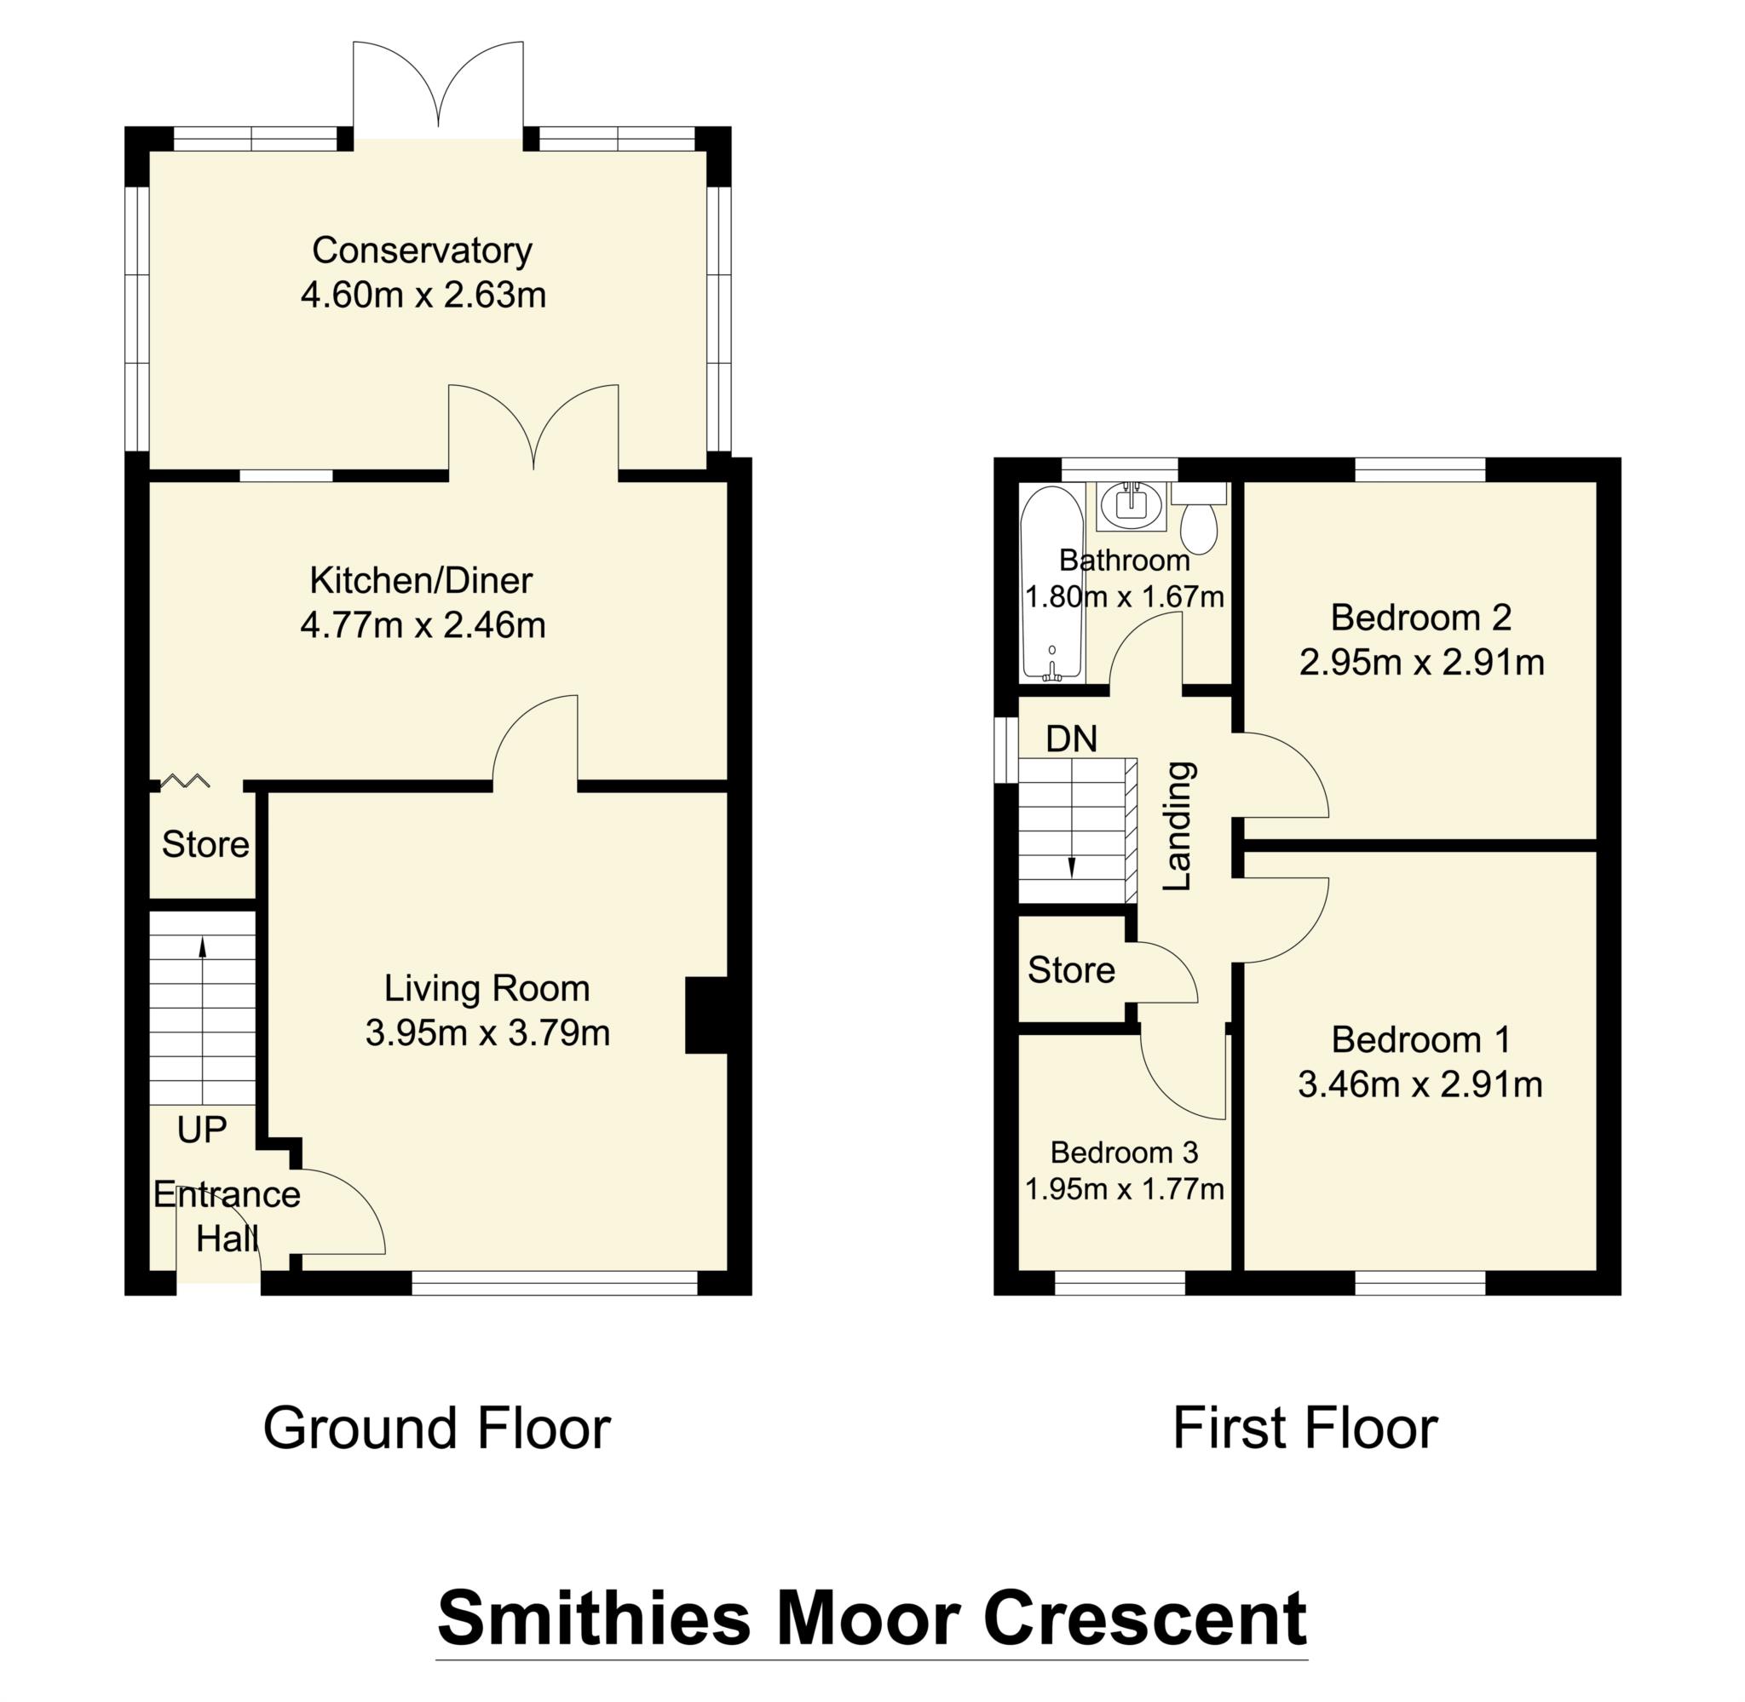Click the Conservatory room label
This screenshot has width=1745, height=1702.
pyautogui.click(x=422, y=251)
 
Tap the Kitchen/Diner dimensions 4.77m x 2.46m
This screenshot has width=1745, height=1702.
pyautogui.click(x=423, y=625)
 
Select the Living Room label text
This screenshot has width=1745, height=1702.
pyautogui.click(x=487, y=989)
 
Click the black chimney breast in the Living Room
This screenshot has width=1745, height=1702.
pyautogui.click(x=705, y=1015)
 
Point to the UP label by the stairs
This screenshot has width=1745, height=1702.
pyautogui.click(x=202, y=1130)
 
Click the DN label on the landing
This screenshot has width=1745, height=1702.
pyautogui.click(x=1071, y=739)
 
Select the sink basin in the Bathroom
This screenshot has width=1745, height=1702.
pyautogui.click(x=1132, y=506)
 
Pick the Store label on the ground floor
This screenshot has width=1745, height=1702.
pyautogui.click(x=204, y=845)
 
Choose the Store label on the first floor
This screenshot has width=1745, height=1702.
pyautogui.click(x=1071, y=971)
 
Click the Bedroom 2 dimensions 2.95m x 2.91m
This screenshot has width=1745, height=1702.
pyautogui.click(x=1421, y=663)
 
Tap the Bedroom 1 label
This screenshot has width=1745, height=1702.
pyautogui.click(x=1420, y=1039)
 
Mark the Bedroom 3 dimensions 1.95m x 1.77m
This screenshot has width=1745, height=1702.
pyautogui.click(x=1124, y=1190)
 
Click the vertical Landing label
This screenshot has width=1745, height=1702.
pyautogui.click(x=1178, y=826)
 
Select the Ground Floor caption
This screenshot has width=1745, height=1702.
pyautogui.click(x=436, y=1429)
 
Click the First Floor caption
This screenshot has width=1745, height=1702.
pyautogui.click(x=1304, y=1429)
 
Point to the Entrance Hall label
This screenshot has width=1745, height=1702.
pyautogui.click(x=226, y=1216)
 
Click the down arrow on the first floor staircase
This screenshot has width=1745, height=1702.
pyautogui.click(x=1071, y=867)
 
